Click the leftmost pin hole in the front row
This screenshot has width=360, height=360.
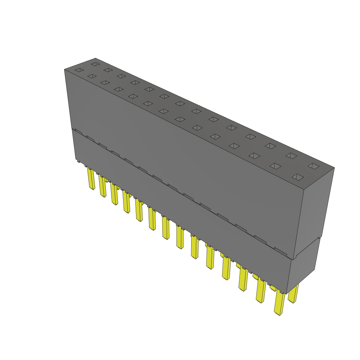point(79,70)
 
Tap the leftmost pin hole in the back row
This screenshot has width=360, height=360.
point(95,64)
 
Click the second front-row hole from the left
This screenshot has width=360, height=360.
point(92,76)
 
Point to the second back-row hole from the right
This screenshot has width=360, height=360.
point(291,155)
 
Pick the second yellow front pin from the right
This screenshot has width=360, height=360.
point(261,291)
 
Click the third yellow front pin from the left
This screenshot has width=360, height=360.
point(114,194)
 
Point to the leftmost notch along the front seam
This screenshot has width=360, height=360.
point(78,131)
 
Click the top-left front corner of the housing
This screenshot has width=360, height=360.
point(65,70)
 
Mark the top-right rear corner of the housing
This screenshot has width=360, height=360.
point(334,168)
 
